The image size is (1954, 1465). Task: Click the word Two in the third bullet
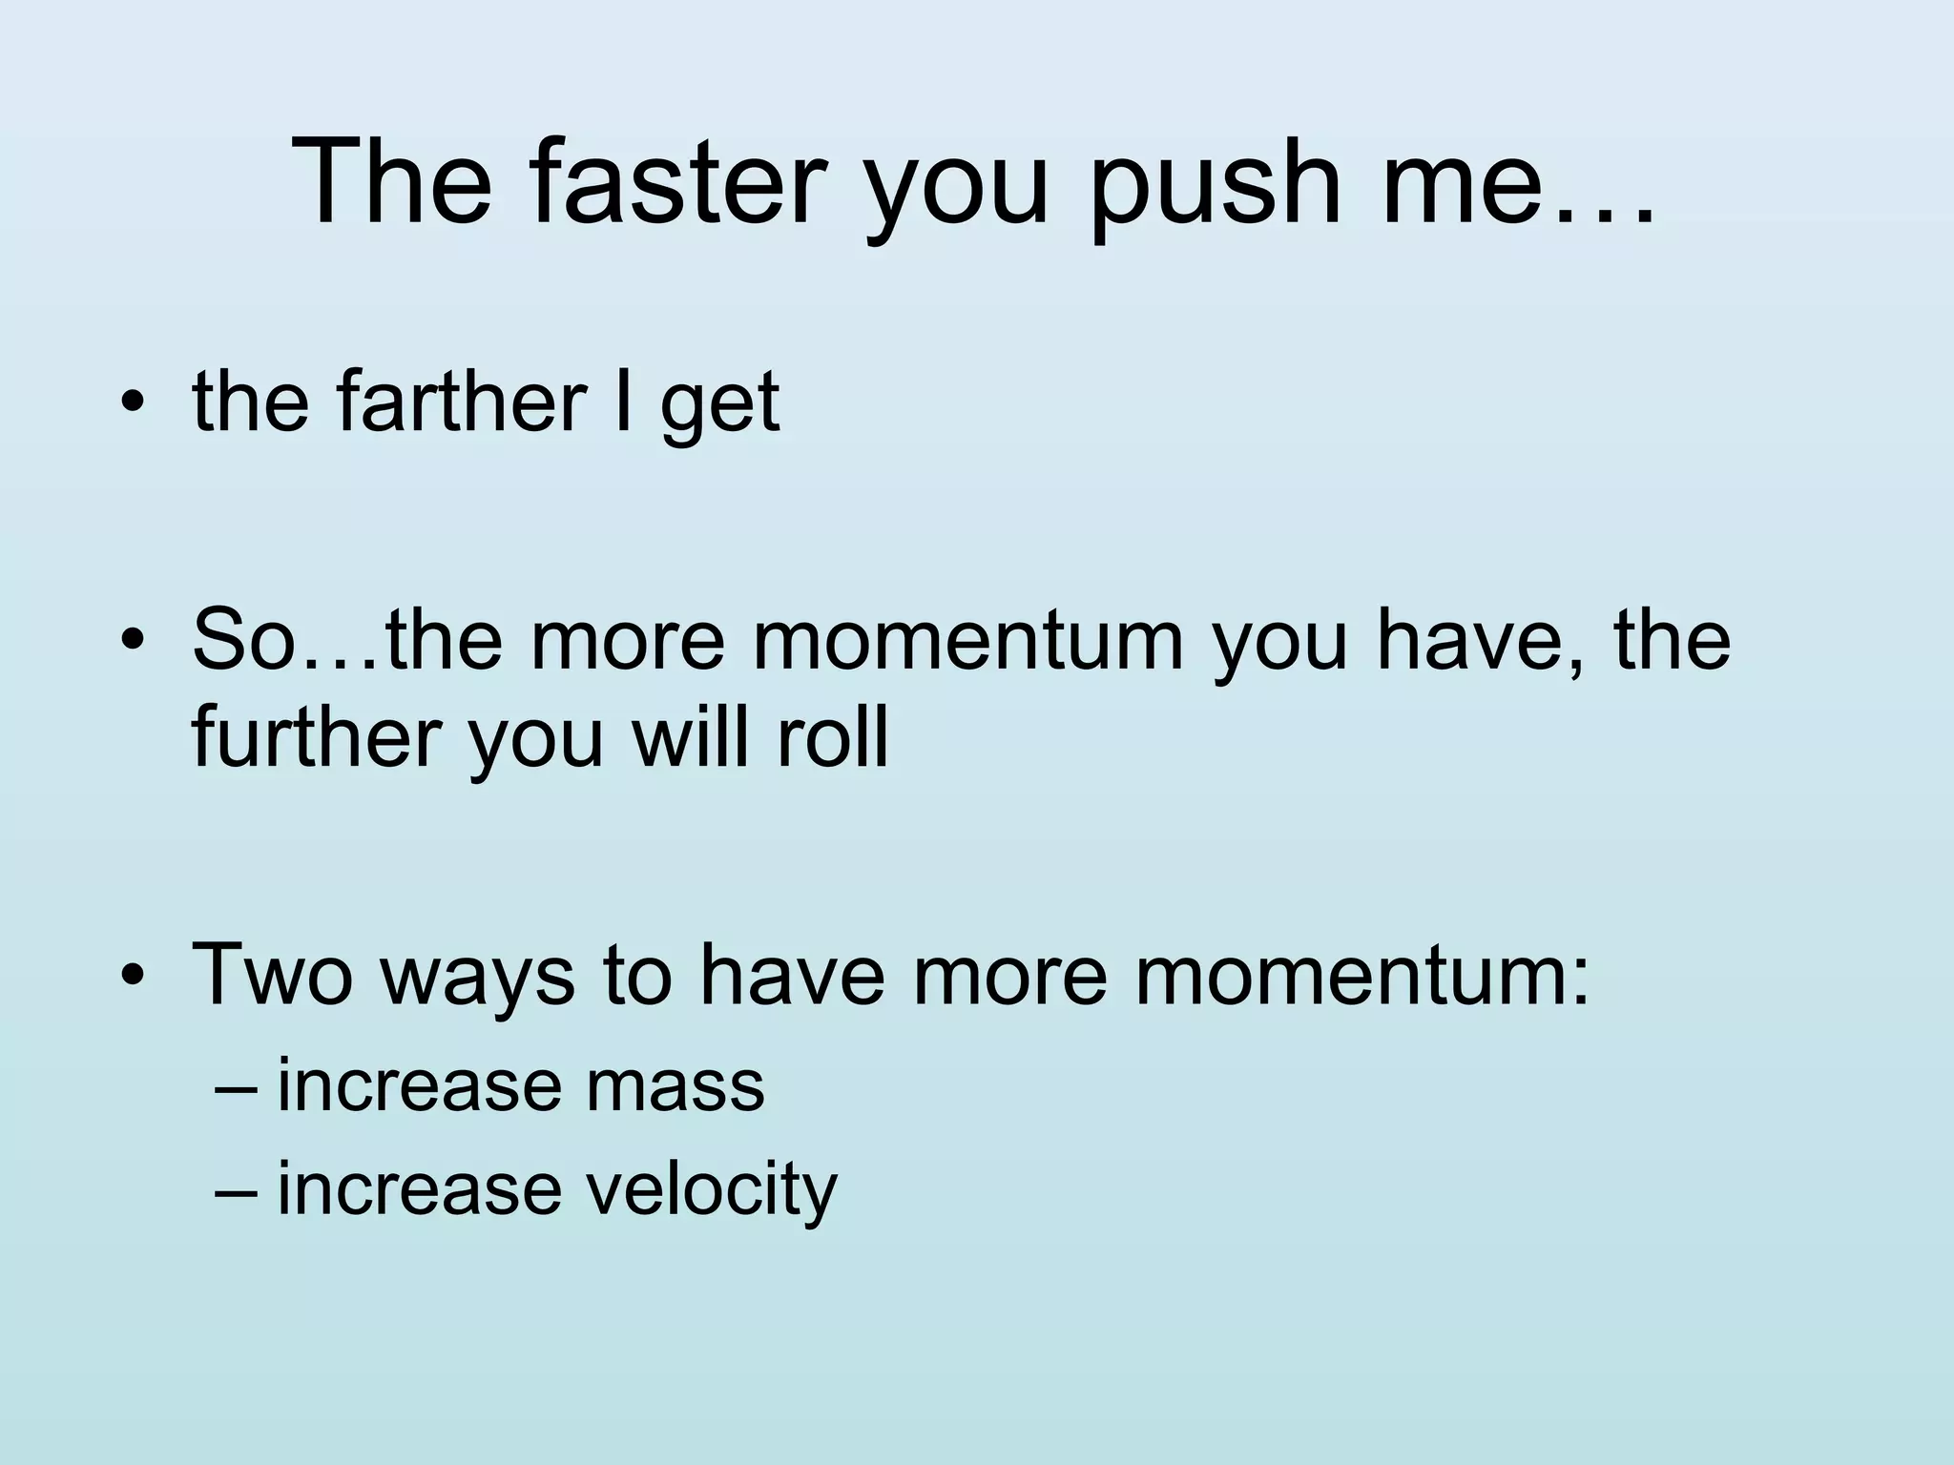coord(272,973)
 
